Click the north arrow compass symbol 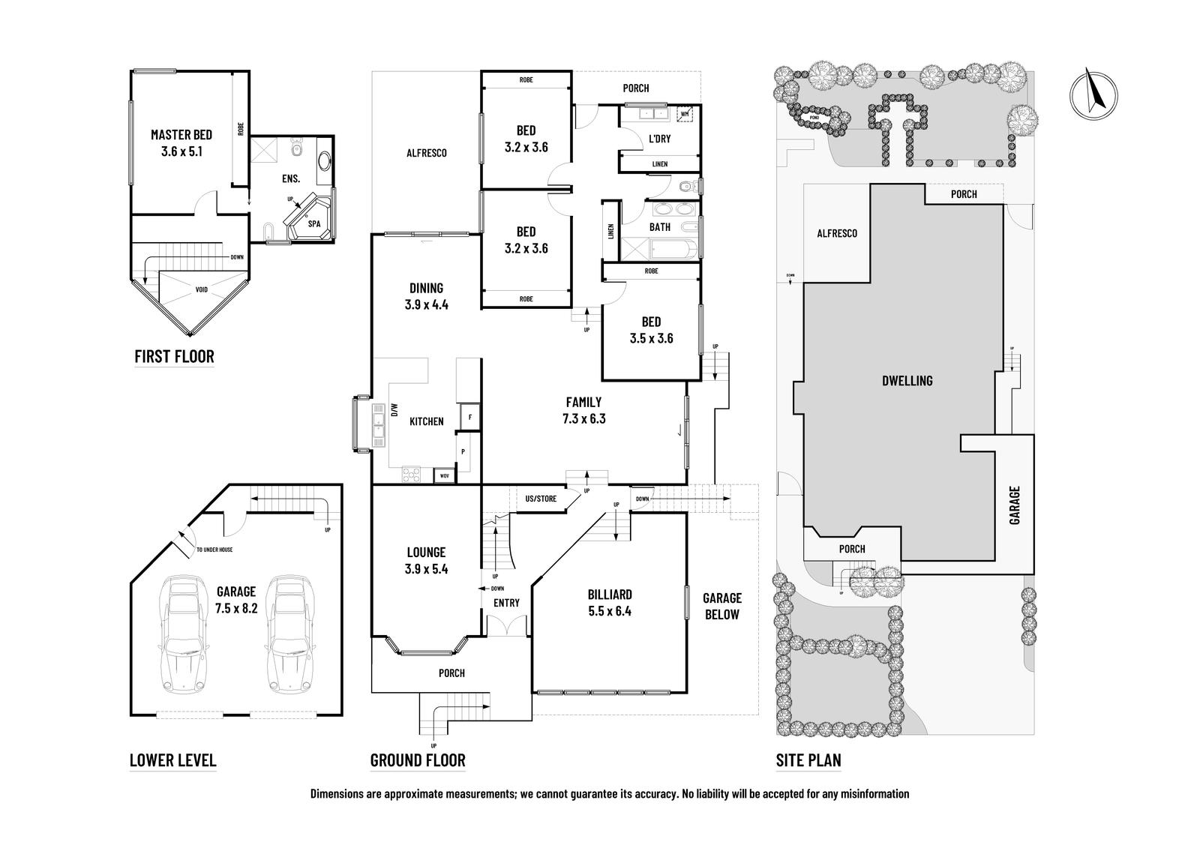point(1091,94)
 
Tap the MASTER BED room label point(181,135)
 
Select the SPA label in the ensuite point(313,223)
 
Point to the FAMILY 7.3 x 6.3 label point(583,411)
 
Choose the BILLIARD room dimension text point(609,611)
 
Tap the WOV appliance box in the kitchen point(445,475)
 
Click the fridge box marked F point(470,417)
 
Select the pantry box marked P point(463,452)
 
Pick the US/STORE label point(541,498)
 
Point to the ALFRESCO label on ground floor point(426,153)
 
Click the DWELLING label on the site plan point(907,381)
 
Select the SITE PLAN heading point(808,760)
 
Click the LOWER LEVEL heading point(173,760)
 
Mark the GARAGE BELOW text point(721,606)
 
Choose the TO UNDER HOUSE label point(214,550)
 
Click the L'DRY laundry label point(659,139)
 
